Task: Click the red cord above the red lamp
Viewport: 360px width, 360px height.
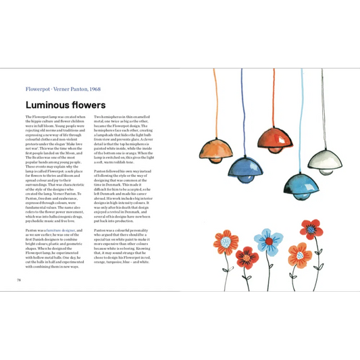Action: [x=274, y=95]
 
